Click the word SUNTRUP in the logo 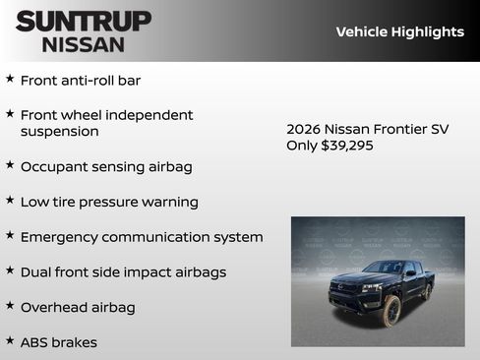pyautogui.click(x=84, y=21)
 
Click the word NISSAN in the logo pyautogui.click(x=84, y=43)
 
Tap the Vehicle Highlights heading pyautogui.click(x=399, y=31)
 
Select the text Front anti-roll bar pyautogui.click(x=87, y=80)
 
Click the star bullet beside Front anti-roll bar pyautogui.click(x=10, y=79)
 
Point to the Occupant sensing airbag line pyautogui.click(x=105, y=167)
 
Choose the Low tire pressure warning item pyautogui.click(x=108, y=202)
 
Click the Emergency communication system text pyautogui.click(x=141, y=237)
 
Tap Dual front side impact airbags pyautogui.click(x=123, y=271)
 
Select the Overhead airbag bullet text pyautogui.click(x=78, y=307)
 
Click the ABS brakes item pyautogui.click(x=58, y=342)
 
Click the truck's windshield pyautogui.click(x=383, y=269)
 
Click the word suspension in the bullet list pyautogui.click(x=59, y=131)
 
